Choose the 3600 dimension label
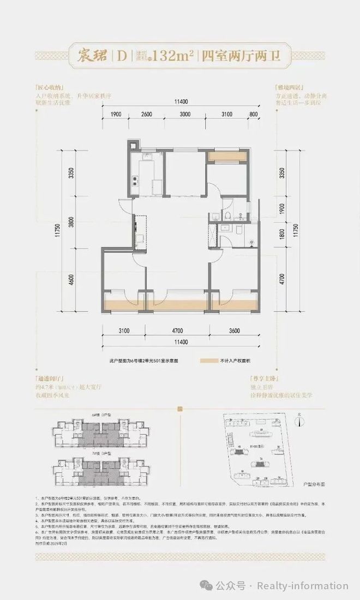pyautogui.click(x=234, y=331)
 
